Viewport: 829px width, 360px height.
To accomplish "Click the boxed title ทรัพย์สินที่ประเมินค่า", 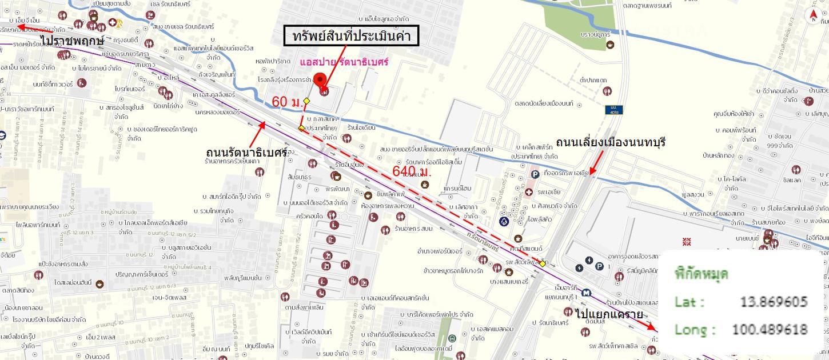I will tap(352, 37).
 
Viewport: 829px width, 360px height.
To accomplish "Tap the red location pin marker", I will tap(320, 81).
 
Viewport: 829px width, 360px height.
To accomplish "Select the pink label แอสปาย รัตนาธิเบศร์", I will tap(344, 62).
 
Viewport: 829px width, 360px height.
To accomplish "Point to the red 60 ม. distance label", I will tap(287, 102).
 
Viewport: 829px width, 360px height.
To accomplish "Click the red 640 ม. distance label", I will tap(412, 171).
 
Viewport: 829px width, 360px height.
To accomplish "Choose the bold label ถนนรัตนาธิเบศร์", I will tap(246, 153).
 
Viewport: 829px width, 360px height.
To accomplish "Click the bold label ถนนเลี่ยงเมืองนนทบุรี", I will tap(611, 142).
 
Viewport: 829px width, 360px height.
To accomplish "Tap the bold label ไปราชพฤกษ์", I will tap(72, 41).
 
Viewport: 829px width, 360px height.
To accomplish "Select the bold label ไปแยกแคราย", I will tap(609, 314).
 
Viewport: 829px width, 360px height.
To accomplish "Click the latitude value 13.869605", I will tap(774, 302).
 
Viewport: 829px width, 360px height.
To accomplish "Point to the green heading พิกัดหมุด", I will tap(701, 274).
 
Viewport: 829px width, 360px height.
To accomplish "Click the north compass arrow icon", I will tap(813, 16).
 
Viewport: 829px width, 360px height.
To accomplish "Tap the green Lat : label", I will tap(689, 302).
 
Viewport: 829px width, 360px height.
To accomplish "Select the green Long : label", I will tap(695, 329).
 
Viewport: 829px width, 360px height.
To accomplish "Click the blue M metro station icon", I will tap(585, 293).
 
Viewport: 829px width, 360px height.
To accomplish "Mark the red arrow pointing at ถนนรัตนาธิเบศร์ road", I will tap(257, 131).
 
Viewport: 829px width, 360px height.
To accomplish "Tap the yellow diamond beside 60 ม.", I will tap(306, 101).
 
